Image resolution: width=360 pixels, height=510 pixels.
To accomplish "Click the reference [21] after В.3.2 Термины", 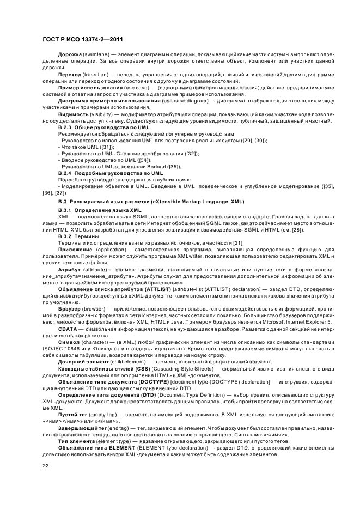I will (237, 242).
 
